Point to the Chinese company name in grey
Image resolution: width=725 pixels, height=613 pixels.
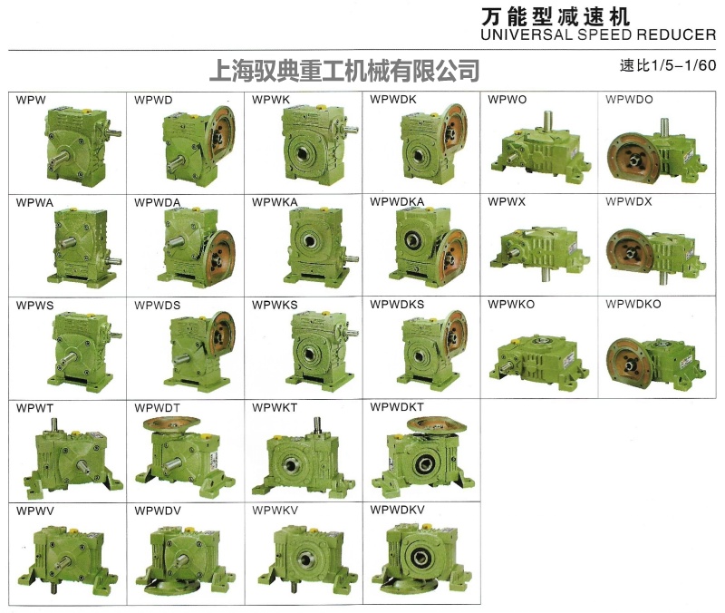pyautogui.click(x=343, y=70)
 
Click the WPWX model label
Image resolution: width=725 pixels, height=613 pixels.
pyautogui.click(x=506, y=200)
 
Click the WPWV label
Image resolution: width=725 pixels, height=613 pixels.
pyautogui.click(x=35, y=511)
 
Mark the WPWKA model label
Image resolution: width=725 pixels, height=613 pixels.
pyautogui.click(x=275, y=200)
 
